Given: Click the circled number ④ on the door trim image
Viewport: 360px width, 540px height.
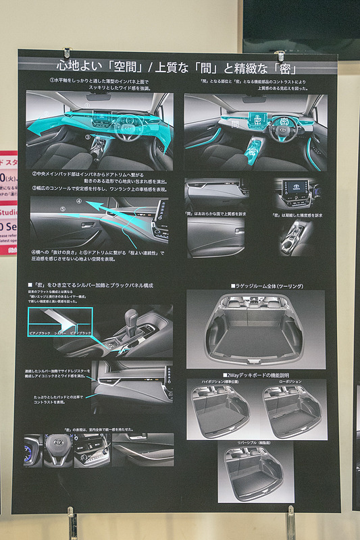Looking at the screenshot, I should click(x=79, y=201).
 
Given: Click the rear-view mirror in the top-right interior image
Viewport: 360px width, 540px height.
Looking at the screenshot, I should click(x=255, y=99).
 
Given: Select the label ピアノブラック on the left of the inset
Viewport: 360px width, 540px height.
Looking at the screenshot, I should click(x=40, y=333).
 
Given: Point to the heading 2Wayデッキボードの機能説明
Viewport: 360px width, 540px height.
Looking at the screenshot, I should click(x=256, y=375).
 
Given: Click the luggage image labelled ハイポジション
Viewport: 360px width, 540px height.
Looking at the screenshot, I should click(x=221, y=412).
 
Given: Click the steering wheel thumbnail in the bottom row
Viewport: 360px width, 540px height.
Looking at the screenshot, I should click(x=58, y=449).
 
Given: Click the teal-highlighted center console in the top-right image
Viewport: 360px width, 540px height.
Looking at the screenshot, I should click(x=255, y=149).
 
